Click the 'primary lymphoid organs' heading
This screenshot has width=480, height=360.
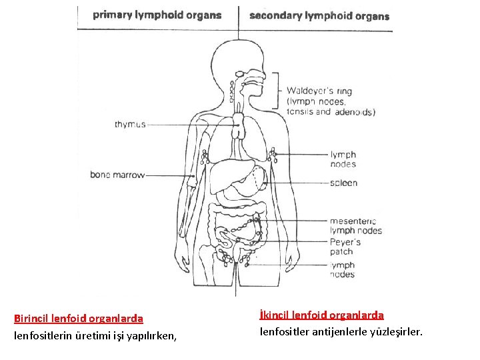pos(157,15)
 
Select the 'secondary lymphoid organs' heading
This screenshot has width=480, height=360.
pos(319,15)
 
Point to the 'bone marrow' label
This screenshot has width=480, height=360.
pos(117,175)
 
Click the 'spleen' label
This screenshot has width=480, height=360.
pos(343,183)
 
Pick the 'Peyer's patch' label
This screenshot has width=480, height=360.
pos(345,247)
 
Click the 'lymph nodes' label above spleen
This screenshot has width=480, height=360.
pos(343,159)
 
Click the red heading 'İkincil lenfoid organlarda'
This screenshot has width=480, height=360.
pos(321,315)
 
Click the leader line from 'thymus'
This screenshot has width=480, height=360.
pos(190,124)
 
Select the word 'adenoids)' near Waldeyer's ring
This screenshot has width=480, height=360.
pos(354,112)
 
